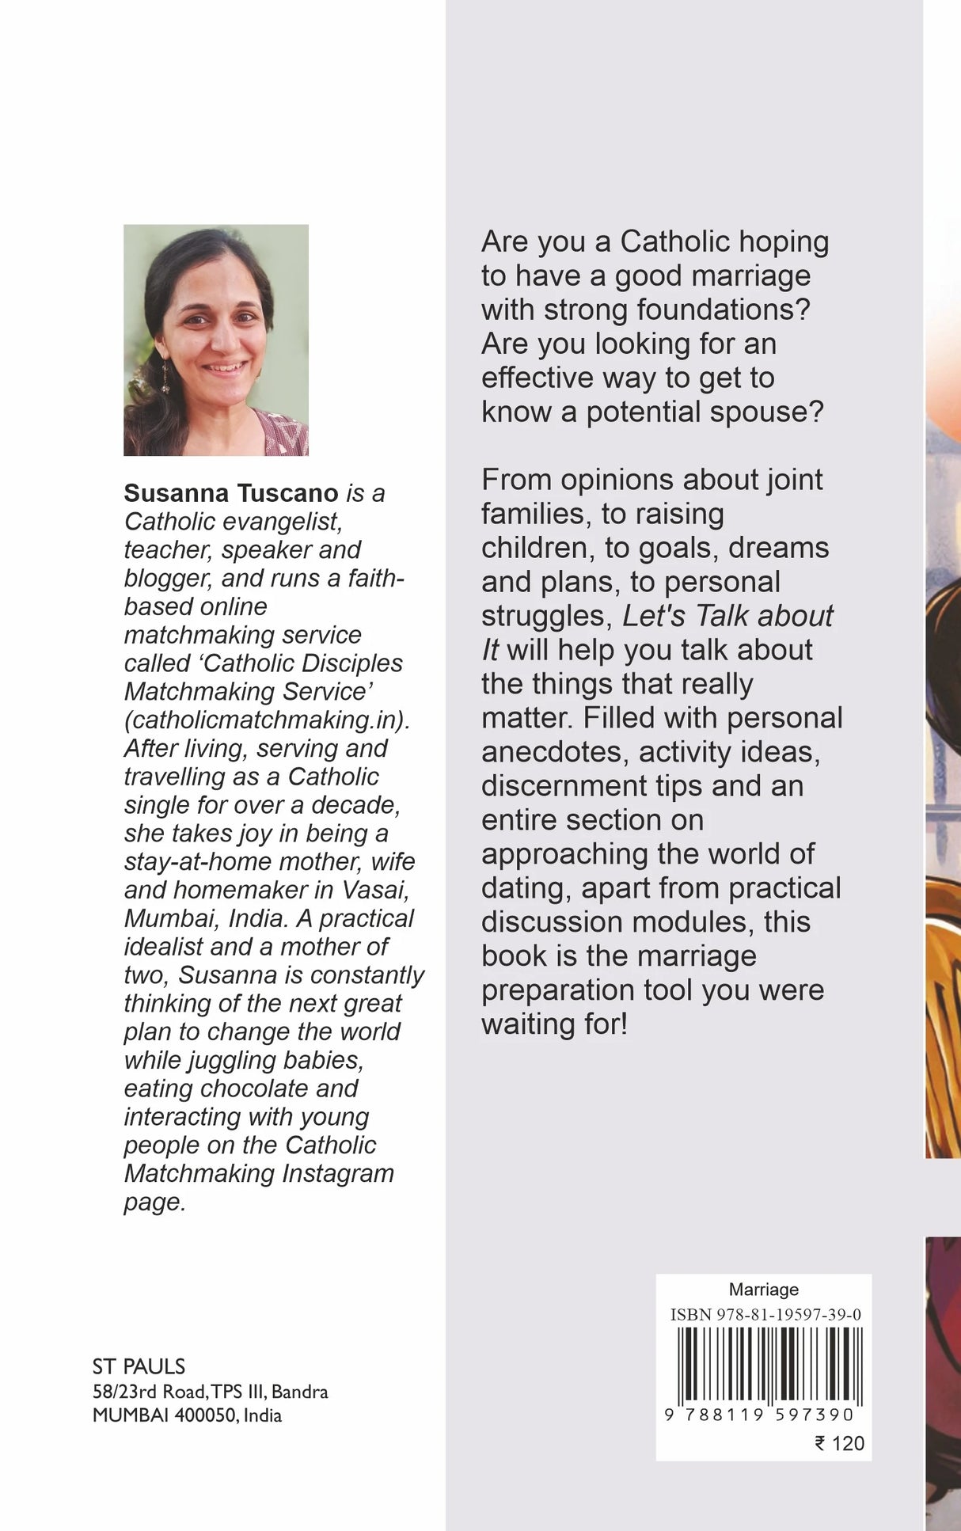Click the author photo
pyautogui.click(x=215, y=340)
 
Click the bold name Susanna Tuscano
pyautogui.click(x=231, y=493)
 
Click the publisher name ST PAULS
pyautogui.click(x=139, y=1366)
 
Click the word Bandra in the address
pyautogui.click(x=299, y=1392)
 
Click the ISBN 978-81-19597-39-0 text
pyautogui.click(x=765, y=1315)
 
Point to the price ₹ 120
pyautogui.click(x=840, y=1443)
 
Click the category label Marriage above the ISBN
pyautogui.click(x=764, y=1290)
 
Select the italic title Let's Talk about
pyautogui.click(x=727, y=616)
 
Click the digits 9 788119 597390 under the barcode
pyautogui.click(x=760, y=1415)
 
